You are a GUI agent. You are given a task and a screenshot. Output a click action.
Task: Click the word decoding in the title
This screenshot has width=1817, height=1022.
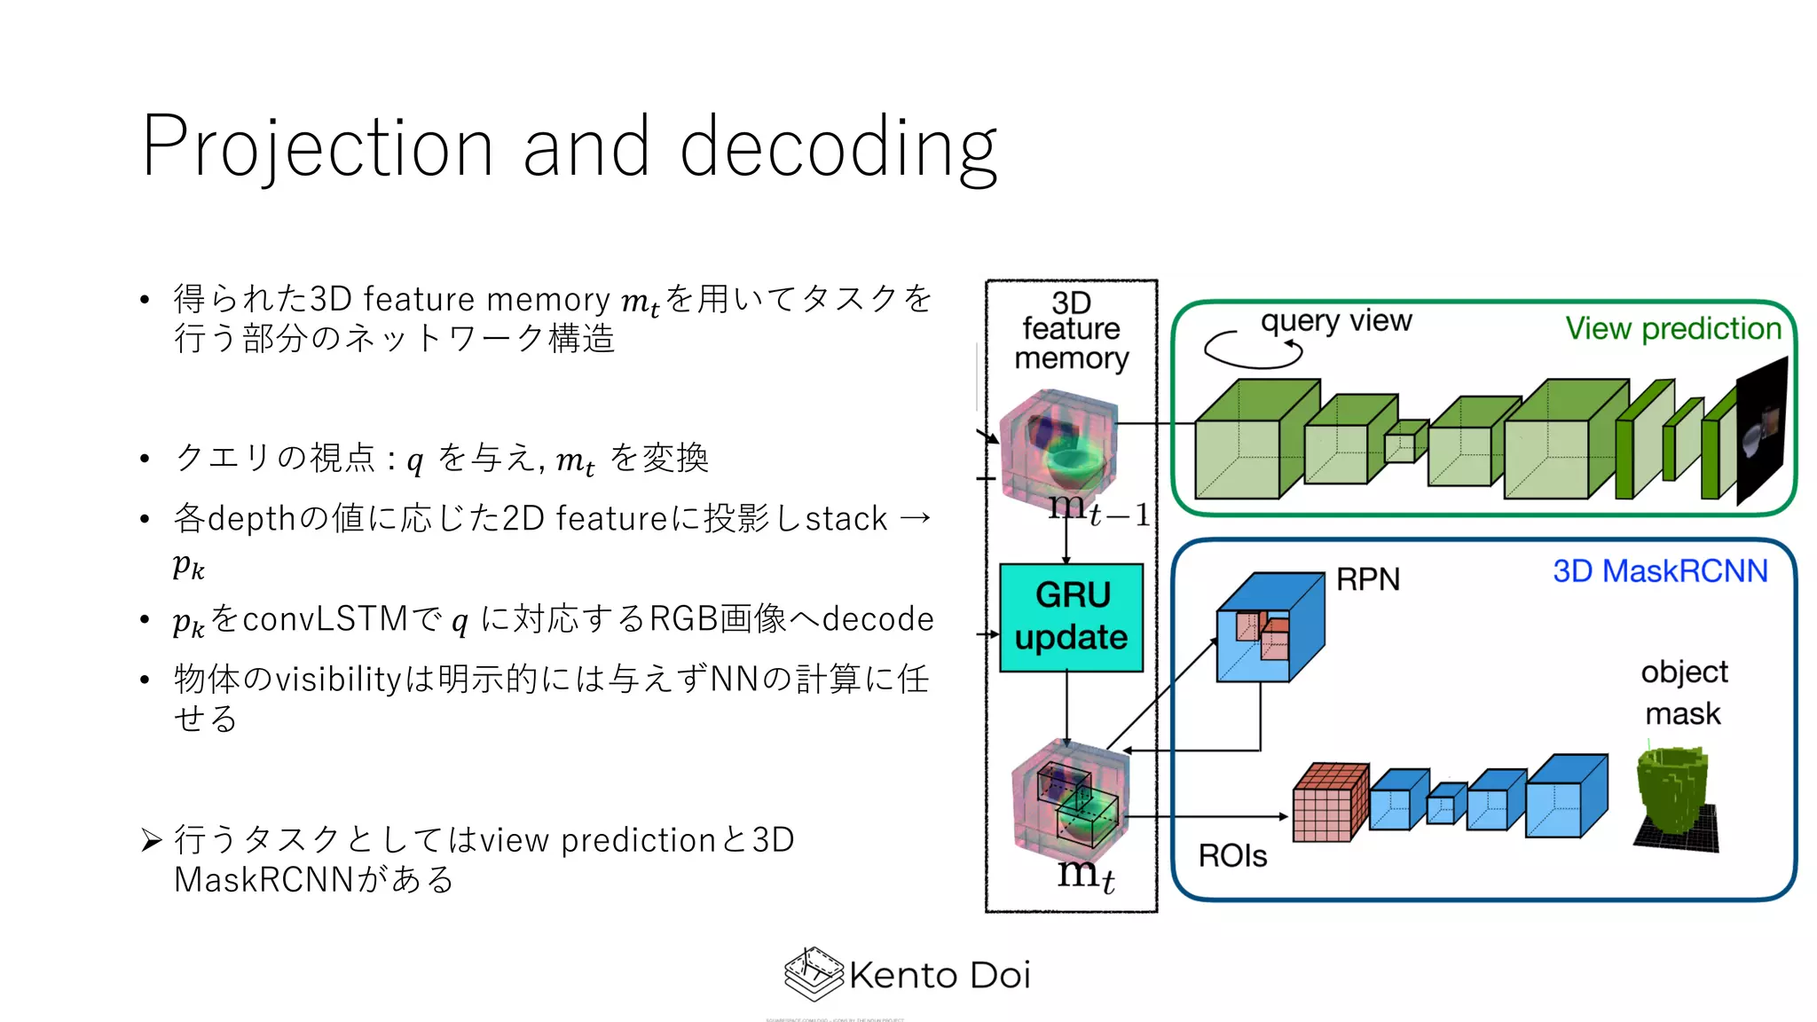838,148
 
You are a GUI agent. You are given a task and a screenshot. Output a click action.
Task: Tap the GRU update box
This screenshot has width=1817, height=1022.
1071,617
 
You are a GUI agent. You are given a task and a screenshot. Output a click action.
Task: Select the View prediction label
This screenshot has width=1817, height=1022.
1672,328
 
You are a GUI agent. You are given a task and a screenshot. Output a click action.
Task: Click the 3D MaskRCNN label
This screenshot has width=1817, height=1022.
1660,571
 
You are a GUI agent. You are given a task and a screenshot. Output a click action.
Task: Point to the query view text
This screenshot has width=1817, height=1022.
1335,320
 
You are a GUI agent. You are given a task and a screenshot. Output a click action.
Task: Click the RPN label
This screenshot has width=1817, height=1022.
1368,579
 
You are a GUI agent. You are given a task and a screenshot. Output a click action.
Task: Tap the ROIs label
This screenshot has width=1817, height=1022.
1232,856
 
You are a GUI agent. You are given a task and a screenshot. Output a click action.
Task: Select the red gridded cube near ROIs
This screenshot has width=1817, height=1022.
1329,803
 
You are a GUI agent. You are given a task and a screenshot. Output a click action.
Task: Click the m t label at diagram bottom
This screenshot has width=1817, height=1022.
1085,874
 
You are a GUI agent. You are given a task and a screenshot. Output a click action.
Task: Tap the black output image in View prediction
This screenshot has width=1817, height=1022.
1761,430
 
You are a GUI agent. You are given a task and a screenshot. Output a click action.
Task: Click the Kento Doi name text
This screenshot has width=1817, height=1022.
940,975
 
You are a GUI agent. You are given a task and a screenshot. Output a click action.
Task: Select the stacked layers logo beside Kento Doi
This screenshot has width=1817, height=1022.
813,974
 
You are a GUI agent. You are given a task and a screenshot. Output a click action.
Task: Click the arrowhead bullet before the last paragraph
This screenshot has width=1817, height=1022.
152,840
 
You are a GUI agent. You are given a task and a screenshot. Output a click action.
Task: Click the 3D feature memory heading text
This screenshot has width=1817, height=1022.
1071,330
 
